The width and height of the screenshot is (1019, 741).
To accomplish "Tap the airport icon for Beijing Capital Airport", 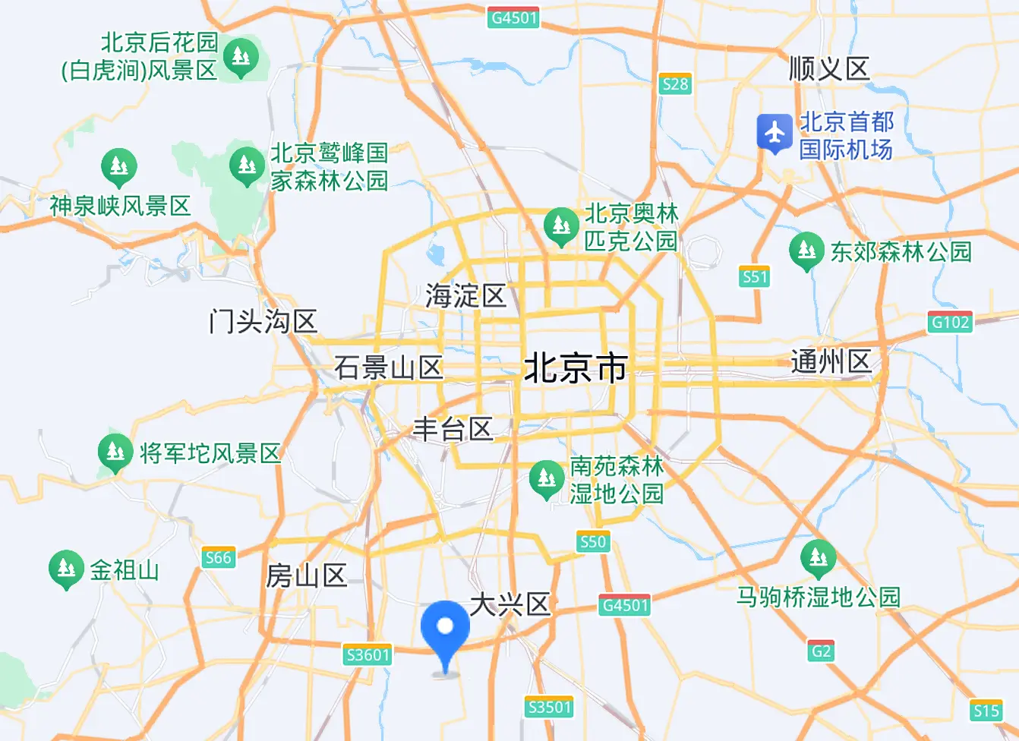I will pyautogui.click(x=775, y=133).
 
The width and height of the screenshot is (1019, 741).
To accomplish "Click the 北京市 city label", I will pyautogui.click(x=576, y=368).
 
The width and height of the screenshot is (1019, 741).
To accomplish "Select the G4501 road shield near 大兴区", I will pyautogui.click(x=625, y=605).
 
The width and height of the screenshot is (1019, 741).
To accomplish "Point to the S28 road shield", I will pyautogui.click(x=675, y=84).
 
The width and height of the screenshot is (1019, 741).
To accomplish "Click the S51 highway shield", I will pyautogui.click(x=755, y=277).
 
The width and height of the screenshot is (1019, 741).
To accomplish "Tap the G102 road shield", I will pyautogui.click(x=950, y=322).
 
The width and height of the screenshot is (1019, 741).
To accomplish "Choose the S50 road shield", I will pyautogui.click(x=592, y=541).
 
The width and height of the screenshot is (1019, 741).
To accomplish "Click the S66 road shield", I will pyautogui.click(x=218, y=558).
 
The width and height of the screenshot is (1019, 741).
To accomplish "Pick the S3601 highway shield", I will pyautogui.click(x=368, y=654).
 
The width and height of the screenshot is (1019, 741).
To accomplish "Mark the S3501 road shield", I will pyautogui.click(x=549, y=707).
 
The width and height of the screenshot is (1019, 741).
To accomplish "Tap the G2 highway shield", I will pyautogui.click(x=821, y=651).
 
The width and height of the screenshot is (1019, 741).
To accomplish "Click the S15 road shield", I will pyautogui.click(x=986, y=711).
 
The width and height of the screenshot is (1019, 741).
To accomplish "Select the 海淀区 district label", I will pyautogui.click(x=465, y=295).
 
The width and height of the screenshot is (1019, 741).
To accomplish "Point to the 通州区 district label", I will pyautogui.click(x=831, y=361).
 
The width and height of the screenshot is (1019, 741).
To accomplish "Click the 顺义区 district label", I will pyautogui.click(x=829, y=69).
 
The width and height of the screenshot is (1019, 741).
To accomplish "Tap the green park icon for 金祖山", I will pyautogui.click(x=66, y=568).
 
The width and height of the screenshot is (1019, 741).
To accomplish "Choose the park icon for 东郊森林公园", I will pyautogui.click(x=806, y=250).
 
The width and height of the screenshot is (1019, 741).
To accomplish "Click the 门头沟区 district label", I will pyautogui.click(x=263, y=322).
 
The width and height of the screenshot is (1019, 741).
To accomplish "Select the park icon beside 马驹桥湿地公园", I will pyautogui.click(x=818, y=558).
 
